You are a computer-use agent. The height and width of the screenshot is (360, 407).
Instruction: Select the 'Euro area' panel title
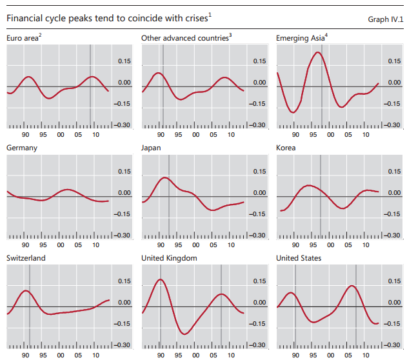point(21,39)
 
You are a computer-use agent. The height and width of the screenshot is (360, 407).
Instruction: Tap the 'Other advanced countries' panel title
point(184,39)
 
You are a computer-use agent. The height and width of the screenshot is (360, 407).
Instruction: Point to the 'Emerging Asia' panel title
point(300,39)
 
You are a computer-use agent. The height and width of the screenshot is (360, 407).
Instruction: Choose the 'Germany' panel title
point(21,148)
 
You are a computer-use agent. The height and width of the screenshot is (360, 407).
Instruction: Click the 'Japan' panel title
point(151,148)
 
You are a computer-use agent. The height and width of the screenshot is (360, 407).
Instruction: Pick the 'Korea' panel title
point(286,148)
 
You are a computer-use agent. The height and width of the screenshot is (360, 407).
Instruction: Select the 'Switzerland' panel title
point(26,258)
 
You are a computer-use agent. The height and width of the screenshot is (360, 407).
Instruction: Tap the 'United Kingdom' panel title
point(169,258)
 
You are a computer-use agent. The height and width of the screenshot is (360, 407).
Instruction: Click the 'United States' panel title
point(299,258)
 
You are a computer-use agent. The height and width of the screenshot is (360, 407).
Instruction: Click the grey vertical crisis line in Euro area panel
point(90,84)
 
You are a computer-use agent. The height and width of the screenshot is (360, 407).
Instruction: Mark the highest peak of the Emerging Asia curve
point(317,52)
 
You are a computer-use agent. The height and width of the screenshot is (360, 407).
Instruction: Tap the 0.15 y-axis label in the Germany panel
point(124,172)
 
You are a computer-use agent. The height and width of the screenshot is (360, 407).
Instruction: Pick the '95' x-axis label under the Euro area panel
point(43,135)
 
